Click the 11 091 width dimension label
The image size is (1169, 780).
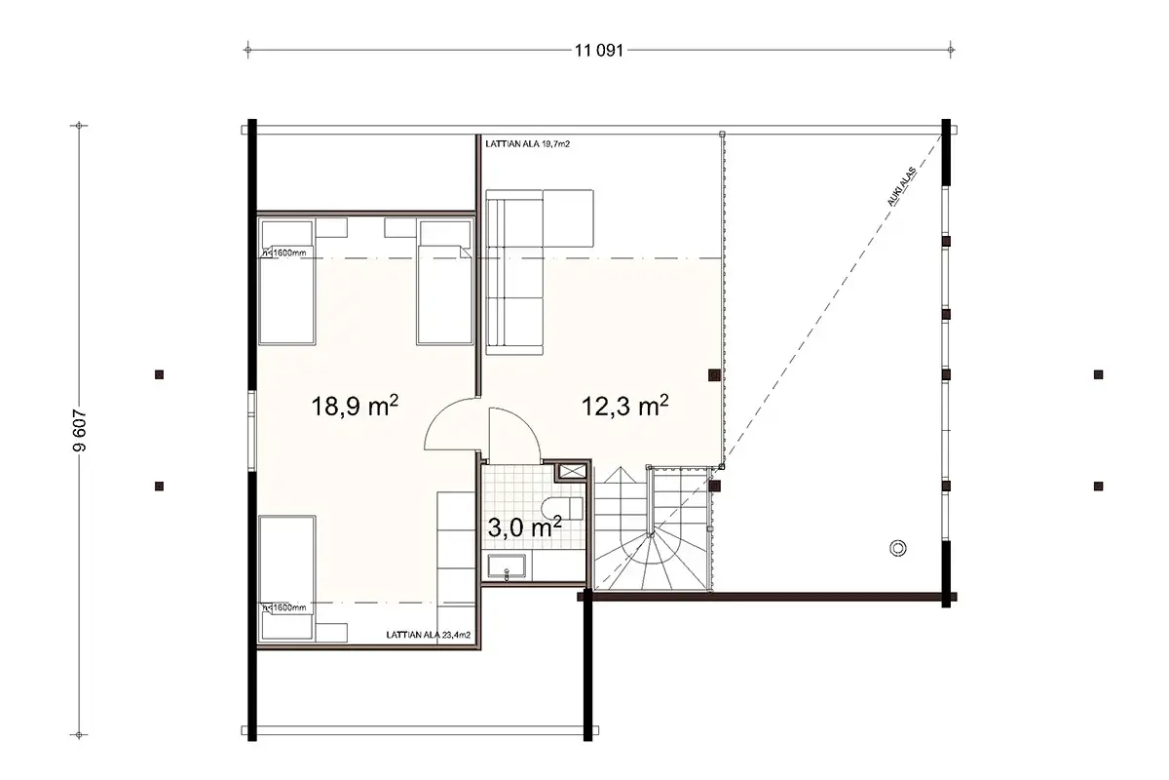(x=598, y=51)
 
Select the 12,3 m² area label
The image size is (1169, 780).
(x=623, y=407)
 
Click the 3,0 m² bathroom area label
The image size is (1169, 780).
(x=523, y=527)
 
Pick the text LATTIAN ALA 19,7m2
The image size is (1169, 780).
(x=527, y=143)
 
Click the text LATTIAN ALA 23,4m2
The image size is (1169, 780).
(x=428, y=635)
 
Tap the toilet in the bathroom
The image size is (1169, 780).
(x=568, y=506)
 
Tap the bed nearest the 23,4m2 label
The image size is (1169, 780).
(x=287, y=580)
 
